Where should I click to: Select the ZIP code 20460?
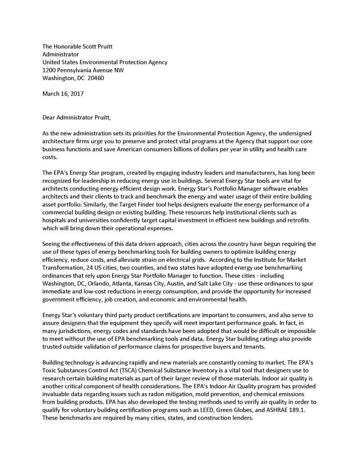pos(96,78)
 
